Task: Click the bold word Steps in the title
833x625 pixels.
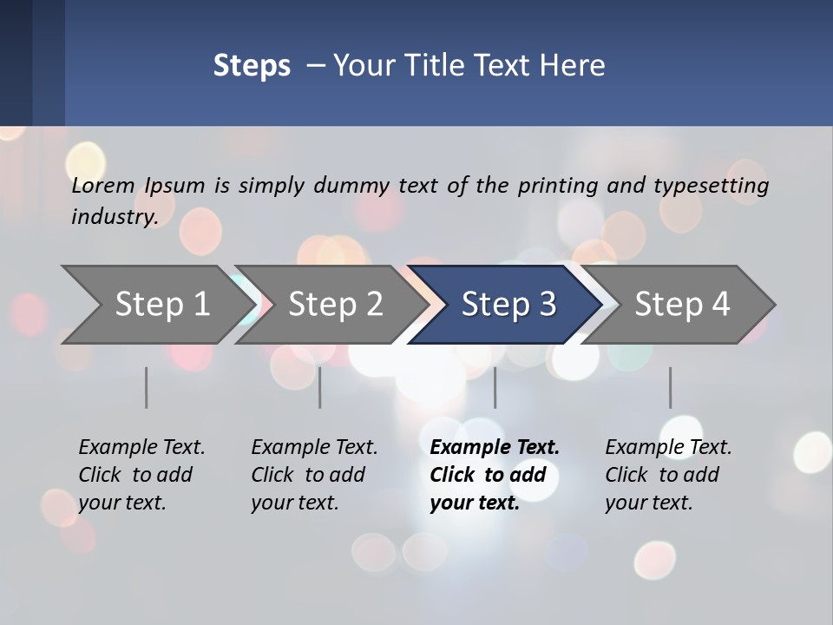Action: click(x=252, y=66)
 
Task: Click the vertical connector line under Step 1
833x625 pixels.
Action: click(x=146, y=387)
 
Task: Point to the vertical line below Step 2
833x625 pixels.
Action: click(x=320, y=387)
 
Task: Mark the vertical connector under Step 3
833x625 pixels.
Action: click(x=495, y=387)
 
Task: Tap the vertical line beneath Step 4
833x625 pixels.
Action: click(x=670, y=387)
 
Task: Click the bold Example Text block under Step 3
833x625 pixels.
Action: click(x=495, y=475)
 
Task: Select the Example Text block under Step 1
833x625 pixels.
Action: click(x=141, y=475)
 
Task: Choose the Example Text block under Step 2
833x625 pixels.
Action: click(x=314, y=475)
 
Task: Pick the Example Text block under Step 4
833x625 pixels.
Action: click(x=668, y=475)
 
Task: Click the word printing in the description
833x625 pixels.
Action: click(x=557, y=186)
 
